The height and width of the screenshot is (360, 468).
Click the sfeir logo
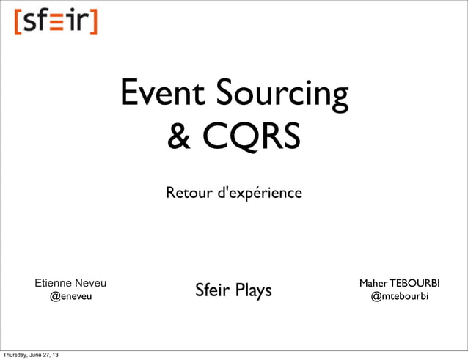coord(55,21)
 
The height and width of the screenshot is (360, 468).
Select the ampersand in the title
coord(180,136)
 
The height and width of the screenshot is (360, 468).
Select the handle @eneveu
coord(70,298)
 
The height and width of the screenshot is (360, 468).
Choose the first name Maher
coord(373,283)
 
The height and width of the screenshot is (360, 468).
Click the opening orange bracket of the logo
coord(17,21)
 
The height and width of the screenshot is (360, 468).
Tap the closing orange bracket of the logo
coord(93,21)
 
